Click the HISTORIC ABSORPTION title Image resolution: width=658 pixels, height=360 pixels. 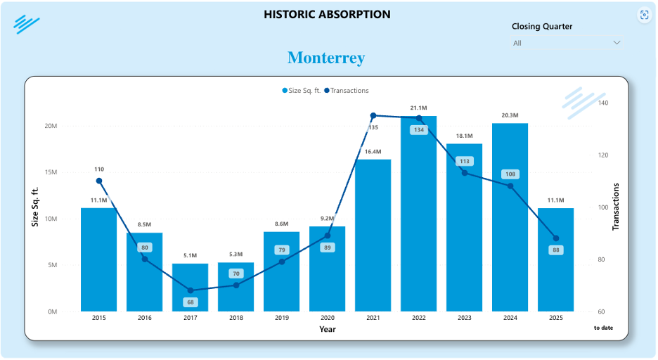point(327,14)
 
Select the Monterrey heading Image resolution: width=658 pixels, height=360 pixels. point(326,58)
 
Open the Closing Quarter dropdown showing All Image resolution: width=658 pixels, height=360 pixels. point(567,43)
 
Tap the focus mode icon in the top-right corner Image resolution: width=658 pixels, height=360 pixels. point(644,15)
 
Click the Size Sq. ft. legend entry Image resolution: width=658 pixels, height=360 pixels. point(302,91)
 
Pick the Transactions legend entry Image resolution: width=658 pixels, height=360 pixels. point(347,91)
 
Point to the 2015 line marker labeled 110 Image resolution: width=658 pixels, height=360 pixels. point(99,181)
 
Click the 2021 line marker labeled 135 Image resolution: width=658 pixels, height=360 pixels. point(373,115)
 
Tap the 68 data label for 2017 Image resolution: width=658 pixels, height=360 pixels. point(191,302)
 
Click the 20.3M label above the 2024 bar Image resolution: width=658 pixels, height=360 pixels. point(510,115)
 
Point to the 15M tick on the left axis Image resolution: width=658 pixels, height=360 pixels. point(50,172)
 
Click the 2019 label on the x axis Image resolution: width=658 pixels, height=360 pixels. point(282,319)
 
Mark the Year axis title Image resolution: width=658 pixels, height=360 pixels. point(328,329)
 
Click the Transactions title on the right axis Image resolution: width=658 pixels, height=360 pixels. point(617,207)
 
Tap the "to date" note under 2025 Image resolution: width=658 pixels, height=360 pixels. point(603,328)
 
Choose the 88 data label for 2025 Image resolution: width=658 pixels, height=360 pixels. point(556,250)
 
